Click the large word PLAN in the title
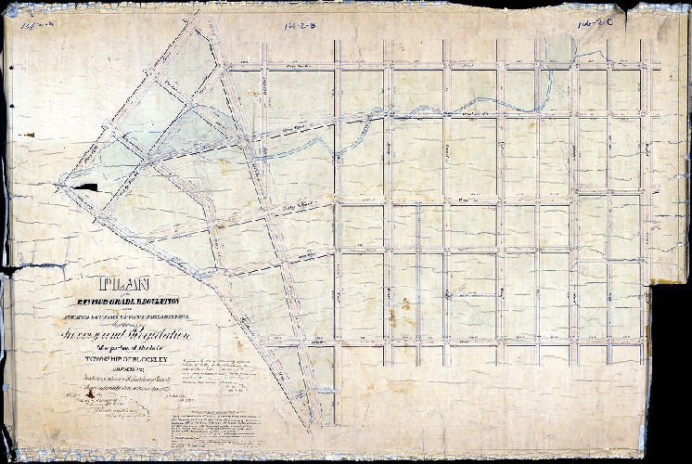124,286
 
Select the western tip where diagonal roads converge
58,186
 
